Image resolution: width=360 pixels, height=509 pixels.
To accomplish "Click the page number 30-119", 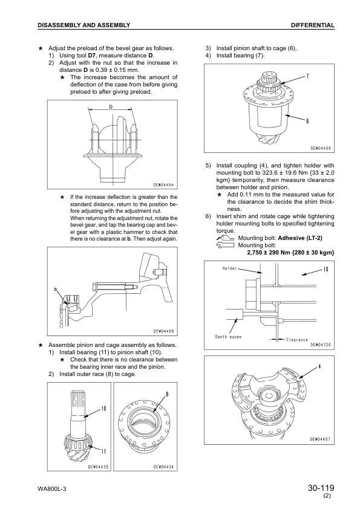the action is point(321,488).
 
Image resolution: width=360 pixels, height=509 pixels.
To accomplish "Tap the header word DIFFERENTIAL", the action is point(313,25).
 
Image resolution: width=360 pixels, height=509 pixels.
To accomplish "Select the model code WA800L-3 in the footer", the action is point(52,489).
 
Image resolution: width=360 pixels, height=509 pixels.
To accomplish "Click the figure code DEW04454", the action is point(163,185).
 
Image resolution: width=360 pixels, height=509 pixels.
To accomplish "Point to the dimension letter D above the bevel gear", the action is point(111,106).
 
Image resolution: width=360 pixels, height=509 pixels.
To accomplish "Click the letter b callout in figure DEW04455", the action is point(56,289).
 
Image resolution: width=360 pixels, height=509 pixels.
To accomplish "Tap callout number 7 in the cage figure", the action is point(307,76).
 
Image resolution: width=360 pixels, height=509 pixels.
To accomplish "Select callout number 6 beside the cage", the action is point(307,121).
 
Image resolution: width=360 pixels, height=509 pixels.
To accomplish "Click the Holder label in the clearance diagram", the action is point(229,268).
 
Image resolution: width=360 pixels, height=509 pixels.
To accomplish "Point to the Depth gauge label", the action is point(228,337).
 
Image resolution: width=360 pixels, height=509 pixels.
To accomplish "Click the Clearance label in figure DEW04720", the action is point(296,340).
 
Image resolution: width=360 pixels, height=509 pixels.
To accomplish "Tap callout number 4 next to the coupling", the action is point(319,367).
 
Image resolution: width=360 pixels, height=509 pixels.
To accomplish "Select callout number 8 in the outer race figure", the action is point(168,395).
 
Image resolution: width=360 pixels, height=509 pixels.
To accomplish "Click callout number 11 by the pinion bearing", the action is point(103,451).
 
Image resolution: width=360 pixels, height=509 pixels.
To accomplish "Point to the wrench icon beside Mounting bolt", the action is point(225,245).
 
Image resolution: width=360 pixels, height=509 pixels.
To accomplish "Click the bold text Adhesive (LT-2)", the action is point(300,238).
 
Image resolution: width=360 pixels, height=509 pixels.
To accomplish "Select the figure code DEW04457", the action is point(320,439).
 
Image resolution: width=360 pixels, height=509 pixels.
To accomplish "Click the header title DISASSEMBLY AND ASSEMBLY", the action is point(84,25).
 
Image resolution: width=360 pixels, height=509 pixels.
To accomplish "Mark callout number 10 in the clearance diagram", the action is point(326,269).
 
